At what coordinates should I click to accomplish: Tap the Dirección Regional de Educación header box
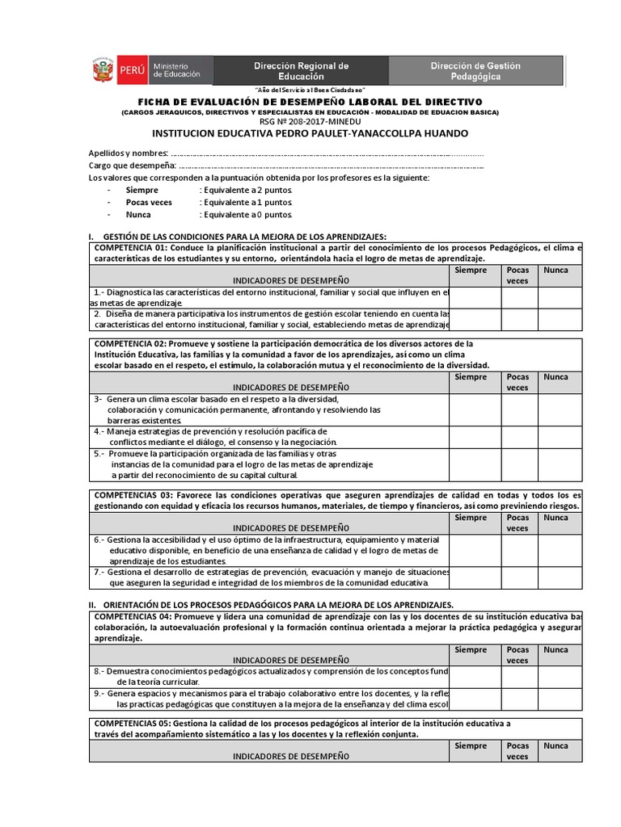[301, 70]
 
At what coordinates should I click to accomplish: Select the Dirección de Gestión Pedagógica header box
[475, 70]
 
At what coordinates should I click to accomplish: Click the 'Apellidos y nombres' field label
[129, 153]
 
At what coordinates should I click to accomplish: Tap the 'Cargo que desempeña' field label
[132, 166]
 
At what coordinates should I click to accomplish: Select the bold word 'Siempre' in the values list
[142, 189]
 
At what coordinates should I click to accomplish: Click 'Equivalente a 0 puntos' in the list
[246, 215]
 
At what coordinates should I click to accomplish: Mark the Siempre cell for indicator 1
[475, 297]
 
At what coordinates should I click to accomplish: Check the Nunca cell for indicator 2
[560, 319]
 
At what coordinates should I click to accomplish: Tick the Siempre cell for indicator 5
[475, 464]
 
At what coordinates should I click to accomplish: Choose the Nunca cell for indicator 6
[560, 550]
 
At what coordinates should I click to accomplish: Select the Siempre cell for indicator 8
[475, 677]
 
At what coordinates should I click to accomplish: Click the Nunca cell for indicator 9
[560, 699]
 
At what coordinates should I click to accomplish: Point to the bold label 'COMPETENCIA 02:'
[130, 343]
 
